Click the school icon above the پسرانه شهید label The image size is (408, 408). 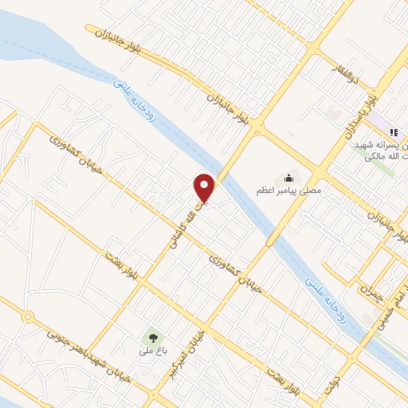click(393, 131)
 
